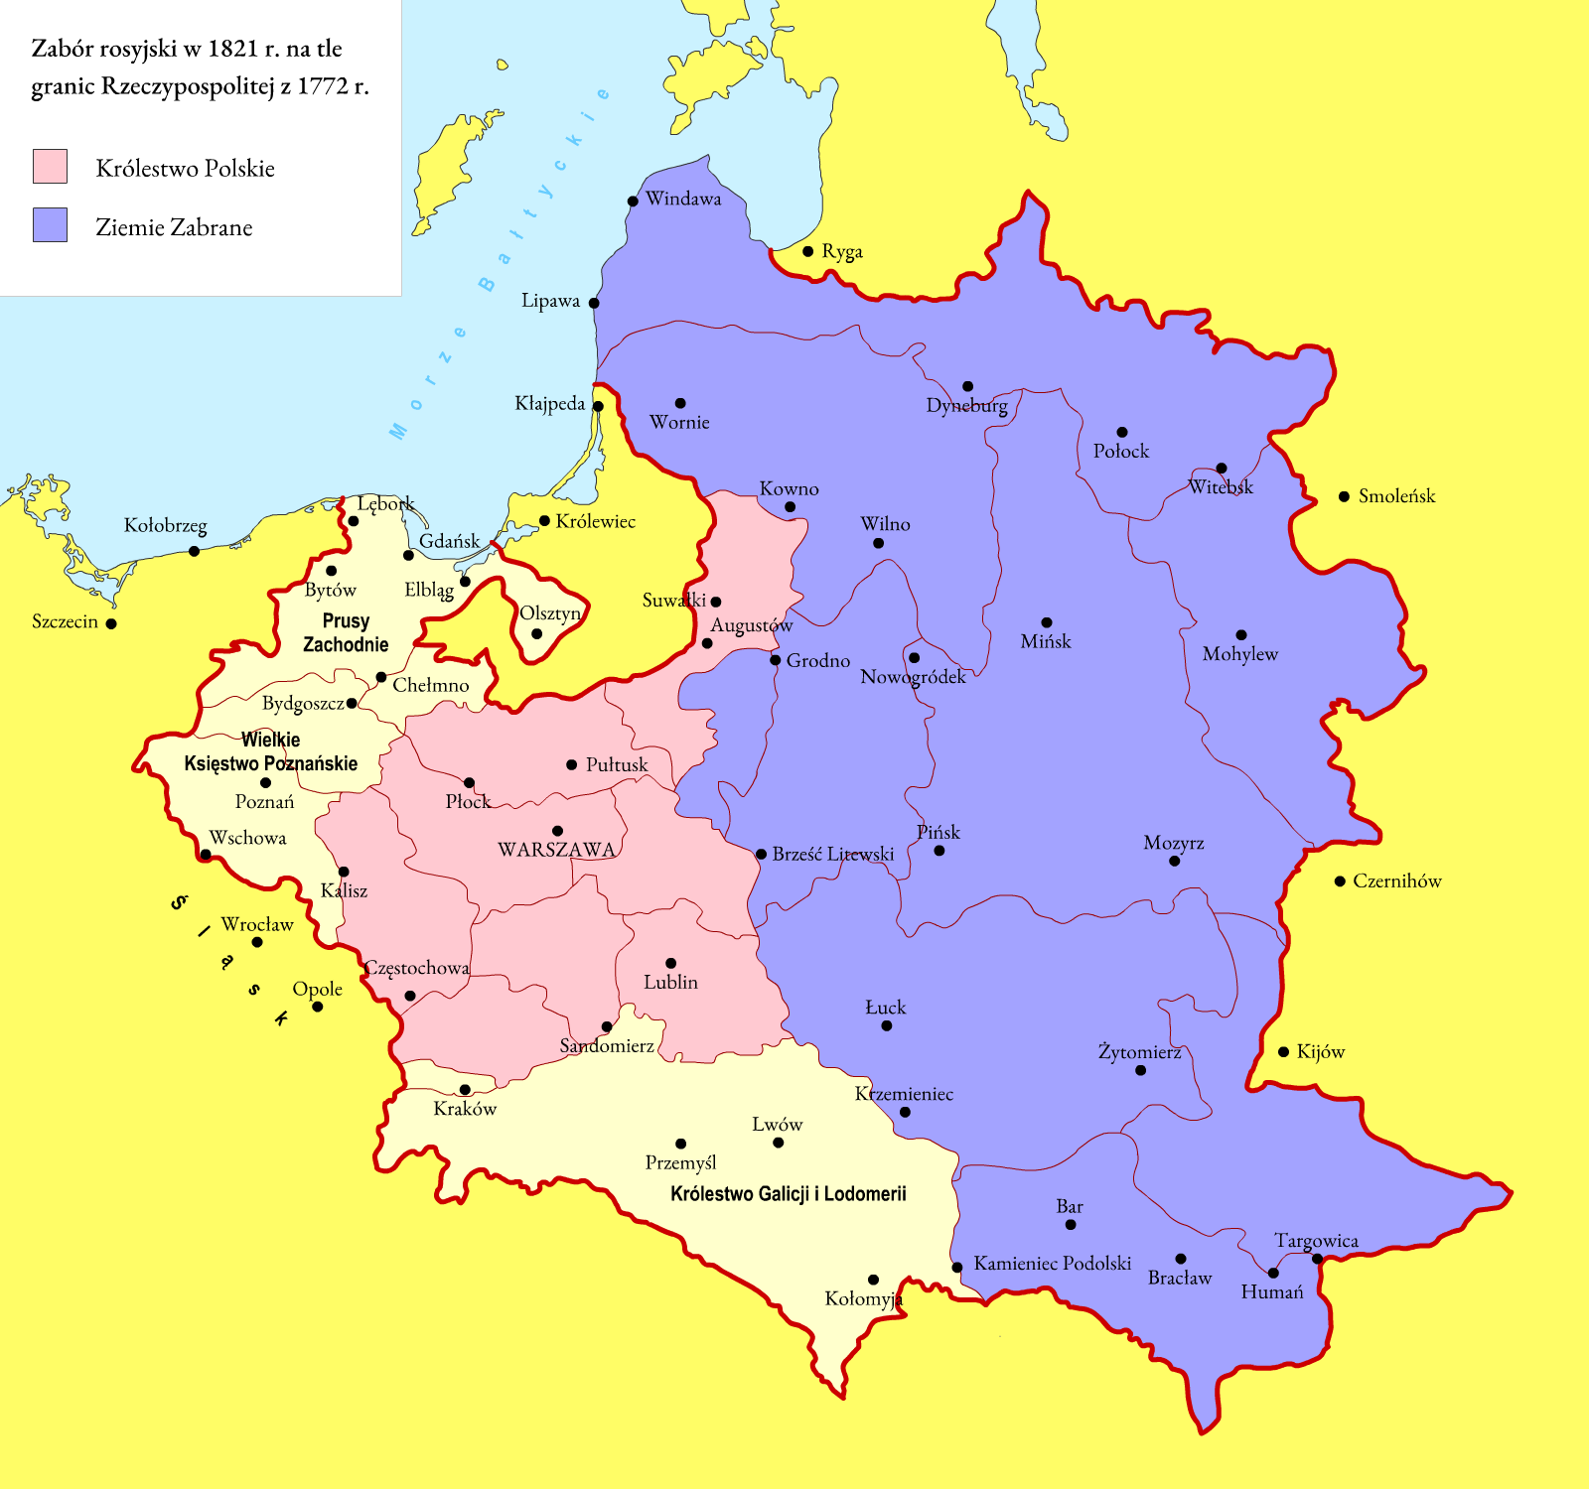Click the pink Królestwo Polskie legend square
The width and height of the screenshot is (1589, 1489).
pos(50,166)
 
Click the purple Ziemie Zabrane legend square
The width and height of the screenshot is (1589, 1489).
pos(50,225)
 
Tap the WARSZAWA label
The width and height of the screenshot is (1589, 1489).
pos(556,850)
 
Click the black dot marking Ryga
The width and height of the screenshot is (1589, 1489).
pos(807,251)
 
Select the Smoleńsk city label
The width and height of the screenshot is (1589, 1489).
pos(1396,496)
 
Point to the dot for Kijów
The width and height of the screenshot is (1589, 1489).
pos(1283,1051)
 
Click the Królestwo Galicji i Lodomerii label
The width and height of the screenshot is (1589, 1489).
pos(788,1194)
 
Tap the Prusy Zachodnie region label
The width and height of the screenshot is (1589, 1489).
pos(346,632)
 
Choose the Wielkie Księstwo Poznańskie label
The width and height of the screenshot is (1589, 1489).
pos(270,751)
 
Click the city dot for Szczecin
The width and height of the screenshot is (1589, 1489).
pos(111,623)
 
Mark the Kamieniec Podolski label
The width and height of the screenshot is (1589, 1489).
pos(1052,1264)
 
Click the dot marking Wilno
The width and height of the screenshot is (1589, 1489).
pos(878,543)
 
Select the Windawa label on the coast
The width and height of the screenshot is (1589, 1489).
pos(683,199)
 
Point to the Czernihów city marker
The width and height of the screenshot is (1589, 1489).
pos(1340,880)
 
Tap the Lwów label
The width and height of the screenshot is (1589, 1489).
pos(777,1125)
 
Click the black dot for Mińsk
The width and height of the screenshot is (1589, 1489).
pos(1046,622)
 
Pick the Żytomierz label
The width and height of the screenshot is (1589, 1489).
pos(1139,1052)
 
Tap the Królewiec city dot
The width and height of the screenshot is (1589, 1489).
pos(544,521)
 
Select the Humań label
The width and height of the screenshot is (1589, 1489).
pos(1271,1292)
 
